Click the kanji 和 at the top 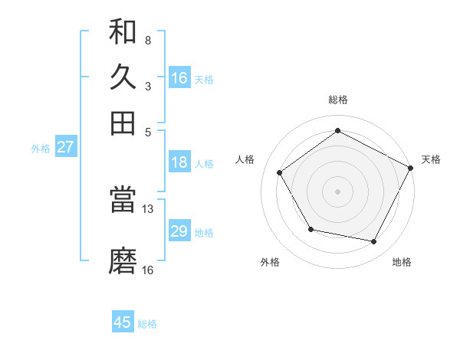[123, 32]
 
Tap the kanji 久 [123, 77]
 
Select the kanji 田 [123, 123]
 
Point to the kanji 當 [123, 201]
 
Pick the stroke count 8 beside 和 [147, 40]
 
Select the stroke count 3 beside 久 [147, 86]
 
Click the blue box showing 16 [179, 78]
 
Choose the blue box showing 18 [179, 162]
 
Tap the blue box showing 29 [179, 231]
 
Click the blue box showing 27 [65, 147]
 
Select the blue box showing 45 [123, 322]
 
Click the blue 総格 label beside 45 [147, 324]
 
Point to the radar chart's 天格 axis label [431, 159]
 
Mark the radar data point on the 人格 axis [280, 173]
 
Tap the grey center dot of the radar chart [337, 191]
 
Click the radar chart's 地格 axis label [402, 262]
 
